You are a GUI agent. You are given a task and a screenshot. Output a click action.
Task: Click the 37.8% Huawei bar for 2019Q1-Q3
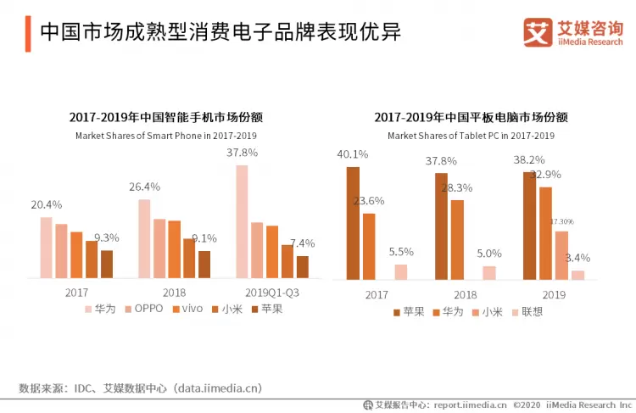(242, 221)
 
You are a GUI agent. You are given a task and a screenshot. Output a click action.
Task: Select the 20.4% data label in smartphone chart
(46, 204)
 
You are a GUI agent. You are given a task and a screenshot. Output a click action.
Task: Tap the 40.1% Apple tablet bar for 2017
(353, 223)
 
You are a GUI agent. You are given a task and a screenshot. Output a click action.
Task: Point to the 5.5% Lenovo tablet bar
(400, 271)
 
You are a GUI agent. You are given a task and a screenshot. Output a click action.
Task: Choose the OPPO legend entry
(144, 309)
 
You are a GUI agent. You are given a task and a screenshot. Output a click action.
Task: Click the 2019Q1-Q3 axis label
(271, 293)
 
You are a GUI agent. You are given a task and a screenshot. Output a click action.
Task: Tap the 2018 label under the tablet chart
(466, 294)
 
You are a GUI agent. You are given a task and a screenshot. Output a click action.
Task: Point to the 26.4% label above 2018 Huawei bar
(144, 187)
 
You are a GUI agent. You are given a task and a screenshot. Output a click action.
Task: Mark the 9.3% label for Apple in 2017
(106, 237)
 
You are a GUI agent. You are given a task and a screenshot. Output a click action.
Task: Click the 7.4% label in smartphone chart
(302, 243)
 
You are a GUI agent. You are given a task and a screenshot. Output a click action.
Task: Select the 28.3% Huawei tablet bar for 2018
(457, 239)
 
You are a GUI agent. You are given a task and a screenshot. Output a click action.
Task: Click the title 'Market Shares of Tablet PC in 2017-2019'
(471, 136)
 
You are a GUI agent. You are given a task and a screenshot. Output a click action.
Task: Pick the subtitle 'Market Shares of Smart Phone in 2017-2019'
(166, 136)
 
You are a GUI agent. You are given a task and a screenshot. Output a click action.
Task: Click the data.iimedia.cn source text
(216, 388)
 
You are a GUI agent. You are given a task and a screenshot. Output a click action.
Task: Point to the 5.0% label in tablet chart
(488, 253)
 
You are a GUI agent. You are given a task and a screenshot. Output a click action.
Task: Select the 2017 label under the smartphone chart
(77, 293)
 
